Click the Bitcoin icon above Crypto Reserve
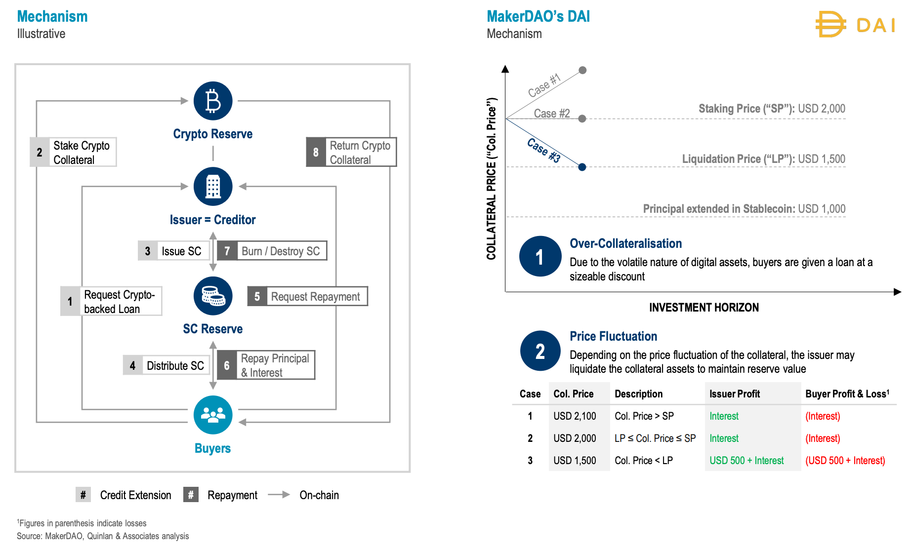click(213, 101)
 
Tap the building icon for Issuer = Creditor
click(213, 186)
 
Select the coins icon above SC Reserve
click(213, 296)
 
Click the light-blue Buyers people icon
click(213, 415)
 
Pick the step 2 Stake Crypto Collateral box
click(74, 152)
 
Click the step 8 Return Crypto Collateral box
click(351, 152)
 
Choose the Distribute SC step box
click(166, 365)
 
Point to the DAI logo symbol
click(830, 24)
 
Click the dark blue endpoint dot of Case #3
click(582, 167)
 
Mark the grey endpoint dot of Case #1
click(582, 70)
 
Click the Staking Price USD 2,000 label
click(772, 109)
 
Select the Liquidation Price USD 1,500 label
click(763, 159)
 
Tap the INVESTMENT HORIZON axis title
click(704, 308)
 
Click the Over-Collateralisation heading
click(625, 243)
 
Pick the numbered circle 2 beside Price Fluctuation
click(540, 351)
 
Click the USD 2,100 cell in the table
click(575, 416)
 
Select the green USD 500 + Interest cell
click(746, 461)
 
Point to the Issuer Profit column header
click(735, 394)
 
